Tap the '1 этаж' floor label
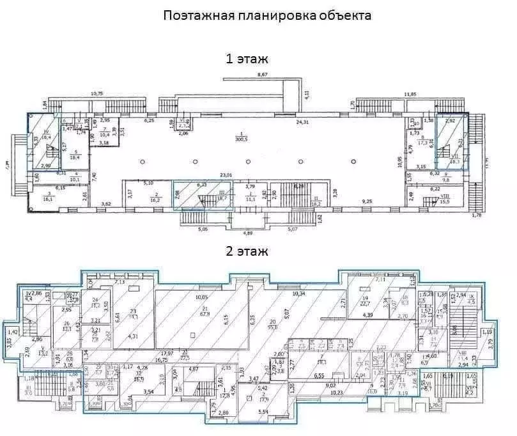(246, 59)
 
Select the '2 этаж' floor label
(246, 253)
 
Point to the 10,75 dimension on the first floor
(97, 93)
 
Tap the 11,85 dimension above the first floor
(413, 95)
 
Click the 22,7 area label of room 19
(366, 304)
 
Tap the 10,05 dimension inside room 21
(202, 297)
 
